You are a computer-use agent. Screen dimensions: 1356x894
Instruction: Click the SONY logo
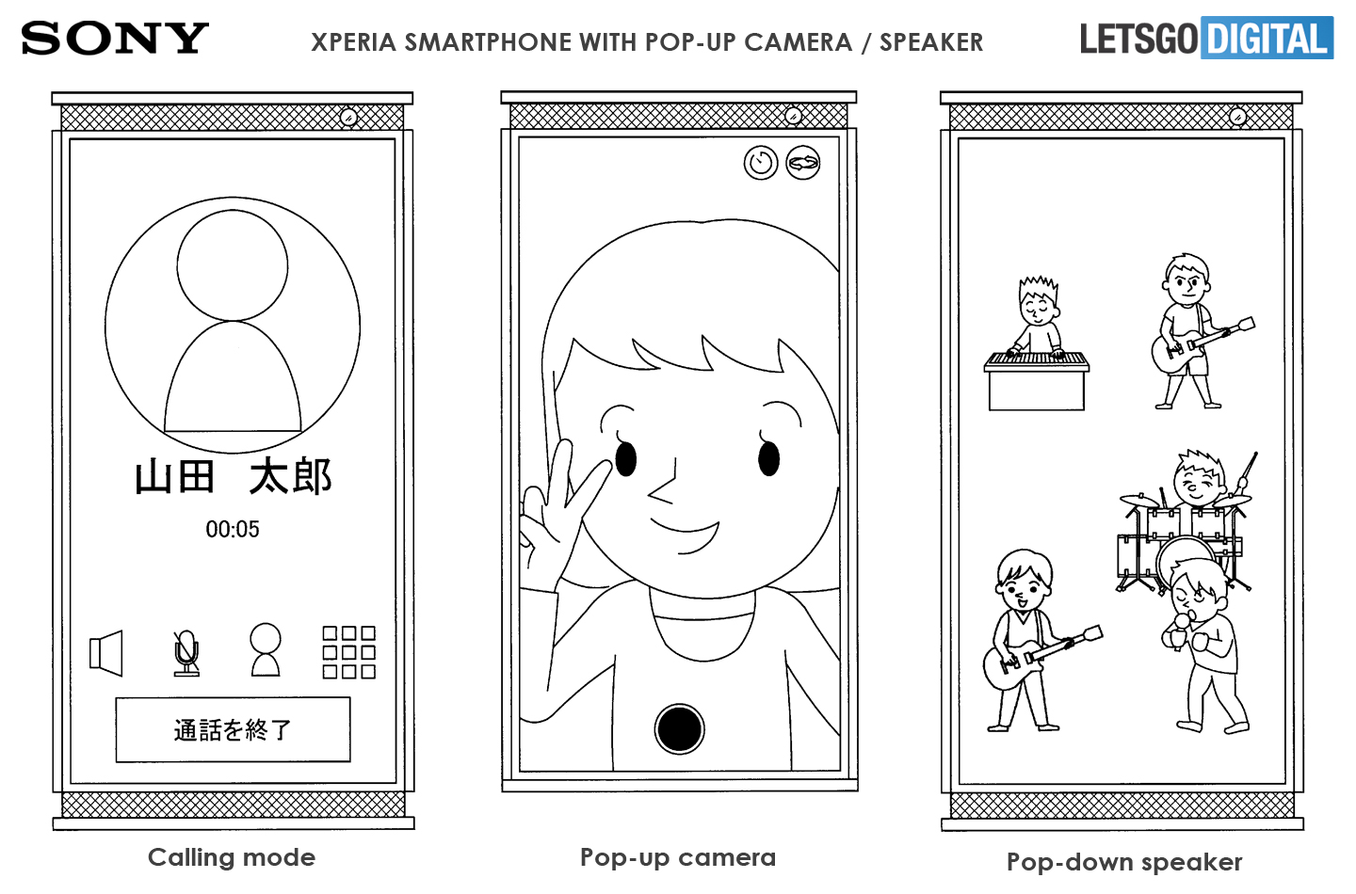tap(115, 38)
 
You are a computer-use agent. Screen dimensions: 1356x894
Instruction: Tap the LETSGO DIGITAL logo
tap(1206, 38)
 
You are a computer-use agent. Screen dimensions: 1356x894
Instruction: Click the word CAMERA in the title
tap(799, 42)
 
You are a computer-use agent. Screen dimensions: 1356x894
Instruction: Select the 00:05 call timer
tap(233, 529)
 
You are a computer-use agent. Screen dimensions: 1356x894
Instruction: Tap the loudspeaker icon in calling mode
tap(105, 653)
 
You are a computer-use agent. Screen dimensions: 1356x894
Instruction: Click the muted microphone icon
tap(186, 654)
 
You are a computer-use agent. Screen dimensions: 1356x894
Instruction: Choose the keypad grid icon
tap(348, 653)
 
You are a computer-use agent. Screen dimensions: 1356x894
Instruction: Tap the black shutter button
tap(679, 729)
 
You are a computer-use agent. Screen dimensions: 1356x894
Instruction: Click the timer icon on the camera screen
tap(761, 163)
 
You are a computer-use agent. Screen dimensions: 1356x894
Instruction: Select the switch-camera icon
tap(803, 163)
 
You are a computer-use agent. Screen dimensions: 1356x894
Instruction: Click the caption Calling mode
tap(232, 857)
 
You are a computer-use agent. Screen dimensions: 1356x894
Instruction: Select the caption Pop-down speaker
tap(1124, 863)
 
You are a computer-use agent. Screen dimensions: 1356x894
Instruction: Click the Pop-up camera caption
tap(678, 858)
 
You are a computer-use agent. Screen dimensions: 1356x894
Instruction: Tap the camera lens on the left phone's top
tap(348, 118)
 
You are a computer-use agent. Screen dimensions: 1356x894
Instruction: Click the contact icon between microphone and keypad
tap(266, 649)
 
